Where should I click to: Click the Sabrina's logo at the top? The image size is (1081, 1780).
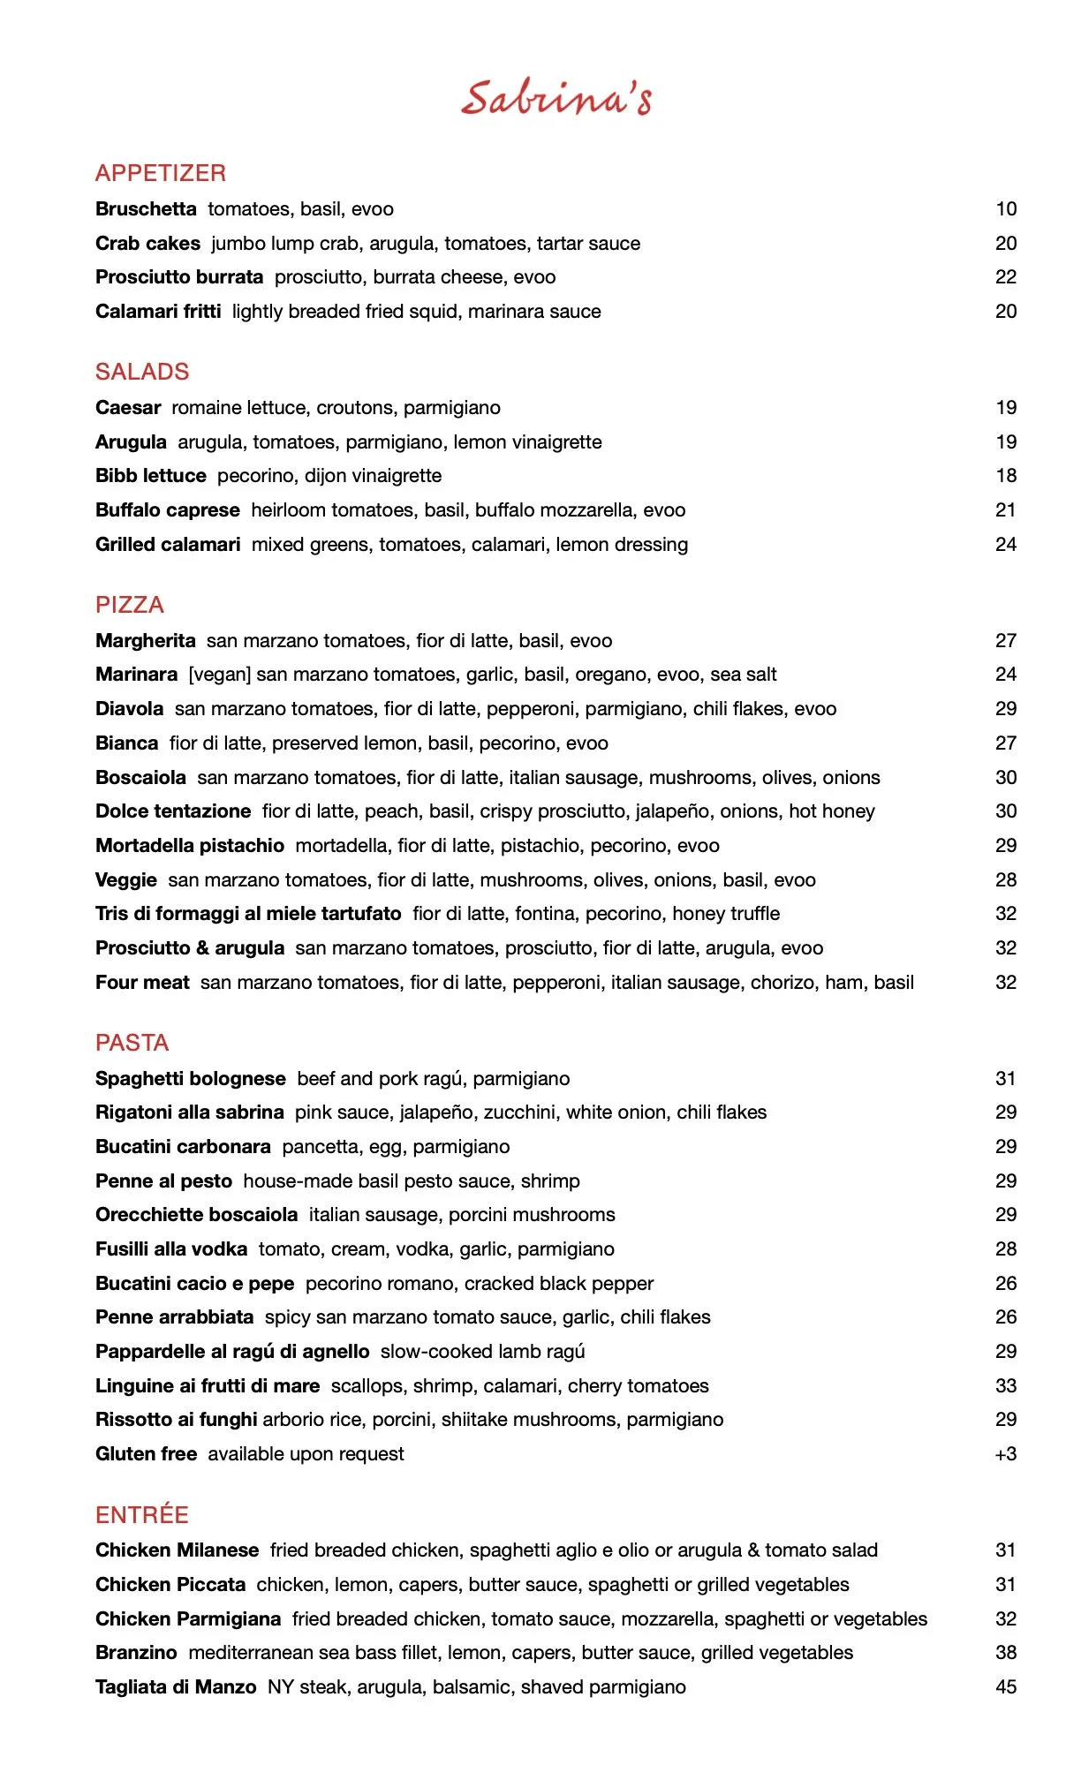[556, 97]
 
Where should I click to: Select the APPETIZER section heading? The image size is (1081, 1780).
[161, 173]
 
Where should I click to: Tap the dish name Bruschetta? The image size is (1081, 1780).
[146, 209]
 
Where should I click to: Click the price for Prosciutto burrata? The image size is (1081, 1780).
[1006, 277]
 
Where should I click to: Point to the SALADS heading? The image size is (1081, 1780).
[142, 372]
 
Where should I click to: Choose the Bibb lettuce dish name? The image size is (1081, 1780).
[150, 476]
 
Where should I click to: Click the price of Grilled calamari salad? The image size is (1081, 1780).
[1006, 545]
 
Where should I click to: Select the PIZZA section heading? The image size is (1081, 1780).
[130, 605]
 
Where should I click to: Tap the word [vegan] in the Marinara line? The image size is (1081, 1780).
[220, 675]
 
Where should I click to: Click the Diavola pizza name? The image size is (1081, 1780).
[129, 709]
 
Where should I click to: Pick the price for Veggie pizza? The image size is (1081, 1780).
[1006, 880]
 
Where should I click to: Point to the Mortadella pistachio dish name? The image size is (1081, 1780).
[190, 846]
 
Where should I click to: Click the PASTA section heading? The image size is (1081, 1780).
[132, 1043]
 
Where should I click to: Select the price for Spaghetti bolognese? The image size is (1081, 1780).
[1006, 1079]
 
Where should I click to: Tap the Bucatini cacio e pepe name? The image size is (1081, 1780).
[194, 1284]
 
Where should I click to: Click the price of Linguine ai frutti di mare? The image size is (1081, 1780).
[1006, 1386]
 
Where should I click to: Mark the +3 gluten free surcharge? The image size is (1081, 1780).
[1005, 1454]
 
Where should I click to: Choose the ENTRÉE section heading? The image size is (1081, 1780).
[142, 1515]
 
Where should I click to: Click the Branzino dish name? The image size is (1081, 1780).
[136, 1653]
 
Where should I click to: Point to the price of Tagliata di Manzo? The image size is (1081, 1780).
[1006, 1687]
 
